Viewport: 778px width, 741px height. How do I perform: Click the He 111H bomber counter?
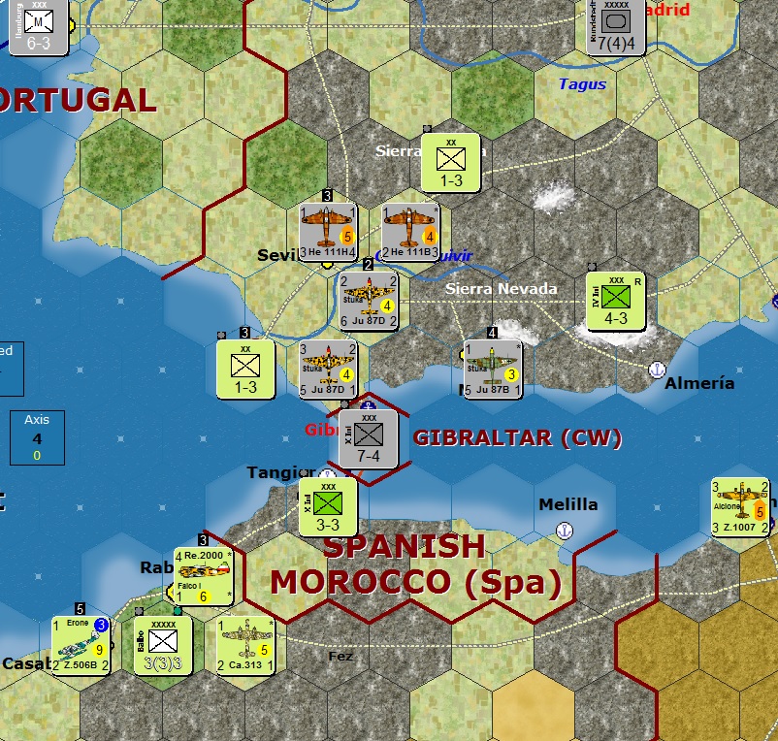coord(328,234)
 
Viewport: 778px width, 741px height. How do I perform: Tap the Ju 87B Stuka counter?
coord(494,369)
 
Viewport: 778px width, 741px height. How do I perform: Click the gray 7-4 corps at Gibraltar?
coord(369,439)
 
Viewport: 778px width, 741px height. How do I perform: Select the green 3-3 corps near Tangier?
coord(328,507)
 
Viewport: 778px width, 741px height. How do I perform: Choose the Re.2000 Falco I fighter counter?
coord(204,576)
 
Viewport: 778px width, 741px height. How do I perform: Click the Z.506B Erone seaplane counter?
coord(81,644)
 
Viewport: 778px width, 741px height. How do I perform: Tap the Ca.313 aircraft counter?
coord(245,644)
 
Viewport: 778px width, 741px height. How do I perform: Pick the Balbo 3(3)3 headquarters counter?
coord(163,644)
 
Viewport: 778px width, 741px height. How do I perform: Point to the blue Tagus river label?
coord(582,84)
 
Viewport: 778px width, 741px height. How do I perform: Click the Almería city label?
coord(699,383)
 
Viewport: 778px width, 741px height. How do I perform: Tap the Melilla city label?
coord(568,504)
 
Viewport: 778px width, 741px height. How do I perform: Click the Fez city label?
coord(340,657)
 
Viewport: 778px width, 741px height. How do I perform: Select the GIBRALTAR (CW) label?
coord(517,438)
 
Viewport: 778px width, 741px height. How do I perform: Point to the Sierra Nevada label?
coord(502,288)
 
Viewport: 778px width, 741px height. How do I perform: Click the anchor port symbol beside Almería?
coord(656,369)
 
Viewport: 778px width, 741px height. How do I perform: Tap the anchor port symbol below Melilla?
coord(565,530)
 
